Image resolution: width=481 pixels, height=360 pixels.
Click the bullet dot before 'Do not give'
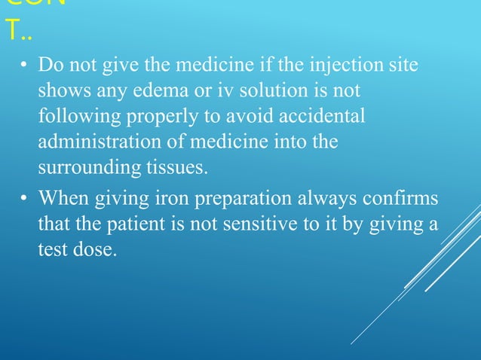[23, 69]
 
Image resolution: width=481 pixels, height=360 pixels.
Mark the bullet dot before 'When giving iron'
[23, 200]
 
